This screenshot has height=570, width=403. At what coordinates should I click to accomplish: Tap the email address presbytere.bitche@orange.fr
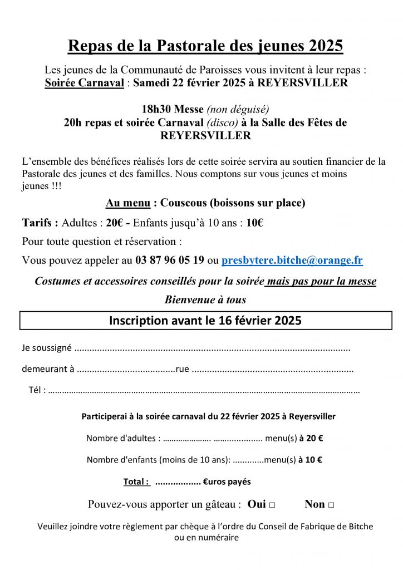pyautogui.click(x=292, y=260)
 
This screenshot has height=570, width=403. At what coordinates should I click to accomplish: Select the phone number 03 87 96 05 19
pyautogui.click(x=170, y=260)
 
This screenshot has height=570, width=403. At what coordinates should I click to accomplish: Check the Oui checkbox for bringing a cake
pyautogui.click(x=272, y=505)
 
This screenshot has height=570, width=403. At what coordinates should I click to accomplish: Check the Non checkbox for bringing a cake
pyautogui.click(x=331, y=505)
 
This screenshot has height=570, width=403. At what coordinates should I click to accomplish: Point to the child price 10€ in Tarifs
pyautogui.click(x=254, y=223)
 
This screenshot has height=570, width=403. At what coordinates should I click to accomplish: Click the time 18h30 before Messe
pyautogui.click(x=157, y=109)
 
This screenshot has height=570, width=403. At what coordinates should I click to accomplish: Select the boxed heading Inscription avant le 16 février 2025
pyautogui.click(x=205, y=321)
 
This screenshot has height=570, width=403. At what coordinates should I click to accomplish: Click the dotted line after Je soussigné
pyautogui.click(x=212, y=349)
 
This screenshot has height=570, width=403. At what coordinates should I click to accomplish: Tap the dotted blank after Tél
pyautogui.click(x=204, y=391)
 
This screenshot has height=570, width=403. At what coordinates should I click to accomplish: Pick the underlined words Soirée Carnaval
pyautogui.click(x=84, y=83)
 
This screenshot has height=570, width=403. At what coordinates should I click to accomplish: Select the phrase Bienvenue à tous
pyautogui.click(x=205, y=299)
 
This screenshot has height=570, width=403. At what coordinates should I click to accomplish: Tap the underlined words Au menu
pyautogui.click(x=127, y=203)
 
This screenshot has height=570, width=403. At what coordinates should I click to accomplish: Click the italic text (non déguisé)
pyautogui.click(x=233, y=109)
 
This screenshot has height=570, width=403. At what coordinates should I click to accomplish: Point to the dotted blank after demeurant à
pyautogui.click(x=126, y=370)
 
